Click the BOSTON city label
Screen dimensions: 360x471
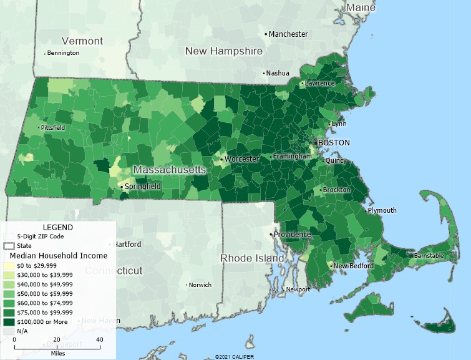click(x=334, y=143)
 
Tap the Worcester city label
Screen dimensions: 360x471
click(x=241, y=159)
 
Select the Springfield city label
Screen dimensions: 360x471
click(x=143, y=186)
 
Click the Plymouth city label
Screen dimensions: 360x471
click(x=382, y=210)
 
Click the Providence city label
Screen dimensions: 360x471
click(x=292, y=235)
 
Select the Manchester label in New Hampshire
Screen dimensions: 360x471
click(x=288, y=34)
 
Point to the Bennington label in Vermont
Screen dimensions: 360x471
click(x=63, y=53)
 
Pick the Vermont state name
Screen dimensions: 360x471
click(x=82, y=41)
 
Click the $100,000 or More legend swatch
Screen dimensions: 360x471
click(x=10, y=321)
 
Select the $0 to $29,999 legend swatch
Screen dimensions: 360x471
click(x=10, y=265)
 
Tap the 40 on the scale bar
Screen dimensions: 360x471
click(x=99, y=339)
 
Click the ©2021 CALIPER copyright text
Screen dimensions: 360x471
click(x=235, y=356)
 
